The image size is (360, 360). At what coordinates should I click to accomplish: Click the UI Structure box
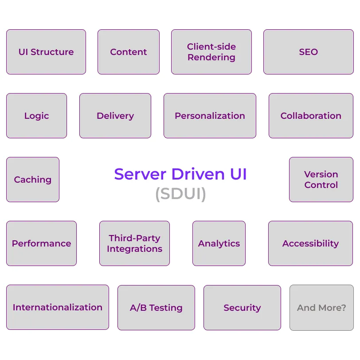point(46,52)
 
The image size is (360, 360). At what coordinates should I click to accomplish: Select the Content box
point(129,52)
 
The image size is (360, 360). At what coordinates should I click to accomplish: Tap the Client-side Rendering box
point(211,52)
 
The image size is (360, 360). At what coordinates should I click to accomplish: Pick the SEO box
point(308,52)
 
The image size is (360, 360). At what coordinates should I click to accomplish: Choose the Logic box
point(36,116)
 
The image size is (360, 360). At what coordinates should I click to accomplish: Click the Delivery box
point(115,116)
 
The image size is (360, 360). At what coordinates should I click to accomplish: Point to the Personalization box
point(210,116)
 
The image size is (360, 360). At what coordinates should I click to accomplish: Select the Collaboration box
point(311,116)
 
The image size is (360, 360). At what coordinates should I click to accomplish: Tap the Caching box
point(33,180)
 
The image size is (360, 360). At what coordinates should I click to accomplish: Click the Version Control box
point(321,180)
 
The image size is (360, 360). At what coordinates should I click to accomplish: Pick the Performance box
point(41,243)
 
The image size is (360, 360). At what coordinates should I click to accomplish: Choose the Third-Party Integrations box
point(134,243)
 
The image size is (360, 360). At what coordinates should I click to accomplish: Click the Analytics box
point(219,243)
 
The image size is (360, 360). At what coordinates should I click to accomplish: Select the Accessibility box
point(310,243)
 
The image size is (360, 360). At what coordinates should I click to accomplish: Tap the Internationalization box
point(58,307)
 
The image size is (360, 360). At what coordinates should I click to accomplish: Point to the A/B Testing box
point(156,307)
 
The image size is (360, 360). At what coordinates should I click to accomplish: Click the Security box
point(242,307)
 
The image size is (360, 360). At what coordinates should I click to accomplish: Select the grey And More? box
point(321,307)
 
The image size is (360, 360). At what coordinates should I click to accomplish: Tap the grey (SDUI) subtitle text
point(180,194)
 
